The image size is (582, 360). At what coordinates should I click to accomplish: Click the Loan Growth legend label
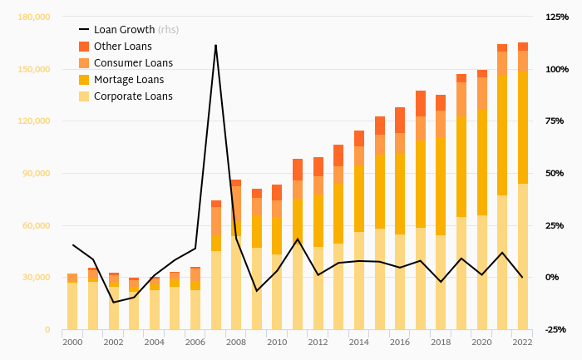pyautogui.click(x=124, y=30)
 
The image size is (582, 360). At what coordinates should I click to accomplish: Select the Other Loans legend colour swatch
pyautogui.click(x=84, y=47)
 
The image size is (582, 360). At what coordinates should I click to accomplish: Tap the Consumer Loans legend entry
pyautogui.click(x=134, y=63)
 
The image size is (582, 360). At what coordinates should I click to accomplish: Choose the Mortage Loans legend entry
pyautogui.click(x=129, y=80)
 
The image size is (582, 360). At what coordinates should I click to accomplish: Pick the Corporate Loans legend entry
pyautogui.click(x=133, y=96)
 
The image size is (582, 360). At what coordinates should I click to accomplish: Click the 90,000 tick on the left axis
pyautogui.click(x=37, y=173)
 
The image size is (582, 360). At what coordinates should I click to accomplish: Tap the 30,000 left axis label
pyautogui.click(x=37, y=278)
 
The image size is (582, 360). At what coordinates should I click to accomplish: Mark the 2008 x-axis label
pyautogui.click(x=236, y=342)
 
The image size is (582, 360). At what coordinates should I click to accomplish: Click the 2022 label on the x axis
pyautogui.click(x=523, y=342)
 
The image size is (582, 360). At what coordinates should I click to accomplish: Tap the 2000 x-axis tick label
pyautogui.click(x=72, y=342)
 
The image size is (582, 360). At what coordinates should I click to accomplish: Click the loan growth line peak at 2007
pyautogui.click(x=216, y=45)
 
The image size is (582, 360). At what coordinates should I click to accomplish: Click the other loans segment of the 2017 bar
pyautogui.click(x=421, y=103)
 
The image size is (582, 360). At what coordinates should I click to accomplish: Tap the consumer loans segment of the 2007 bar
pyautogui.click(x=216, y=221)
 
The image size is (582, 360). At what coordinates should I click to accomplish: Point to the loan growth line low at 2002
pyautogui.click(x=113, y=302)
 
